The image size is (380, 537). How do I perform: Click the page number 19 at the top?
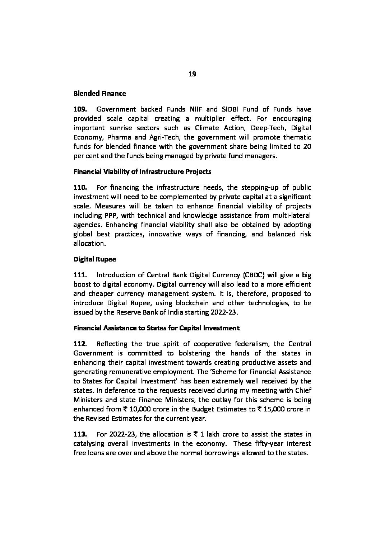pyautogui.click(x=192, y=74)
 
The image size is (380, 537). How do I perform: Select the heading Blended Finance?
pyautogui.click(x=99, y=94)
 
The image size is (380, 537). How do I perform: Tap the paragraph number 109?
pyautogui.click(x=80, y=109)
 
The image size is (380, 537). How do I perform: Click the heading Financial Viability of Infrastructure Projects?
pyautogui.click(x=142, y=171)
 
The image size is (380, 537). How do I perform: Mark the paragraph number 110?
pyautogui.click(x=80, y=187)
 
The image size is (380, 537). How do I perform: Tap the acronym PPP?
pyautogui.click(x=107, y=215)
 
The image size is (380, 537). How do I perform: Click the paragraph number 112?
pyautogui.click(x=80, y=344)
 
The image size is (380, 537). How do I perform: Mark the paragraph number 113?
pyautogui.click(x=80, y=434)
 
